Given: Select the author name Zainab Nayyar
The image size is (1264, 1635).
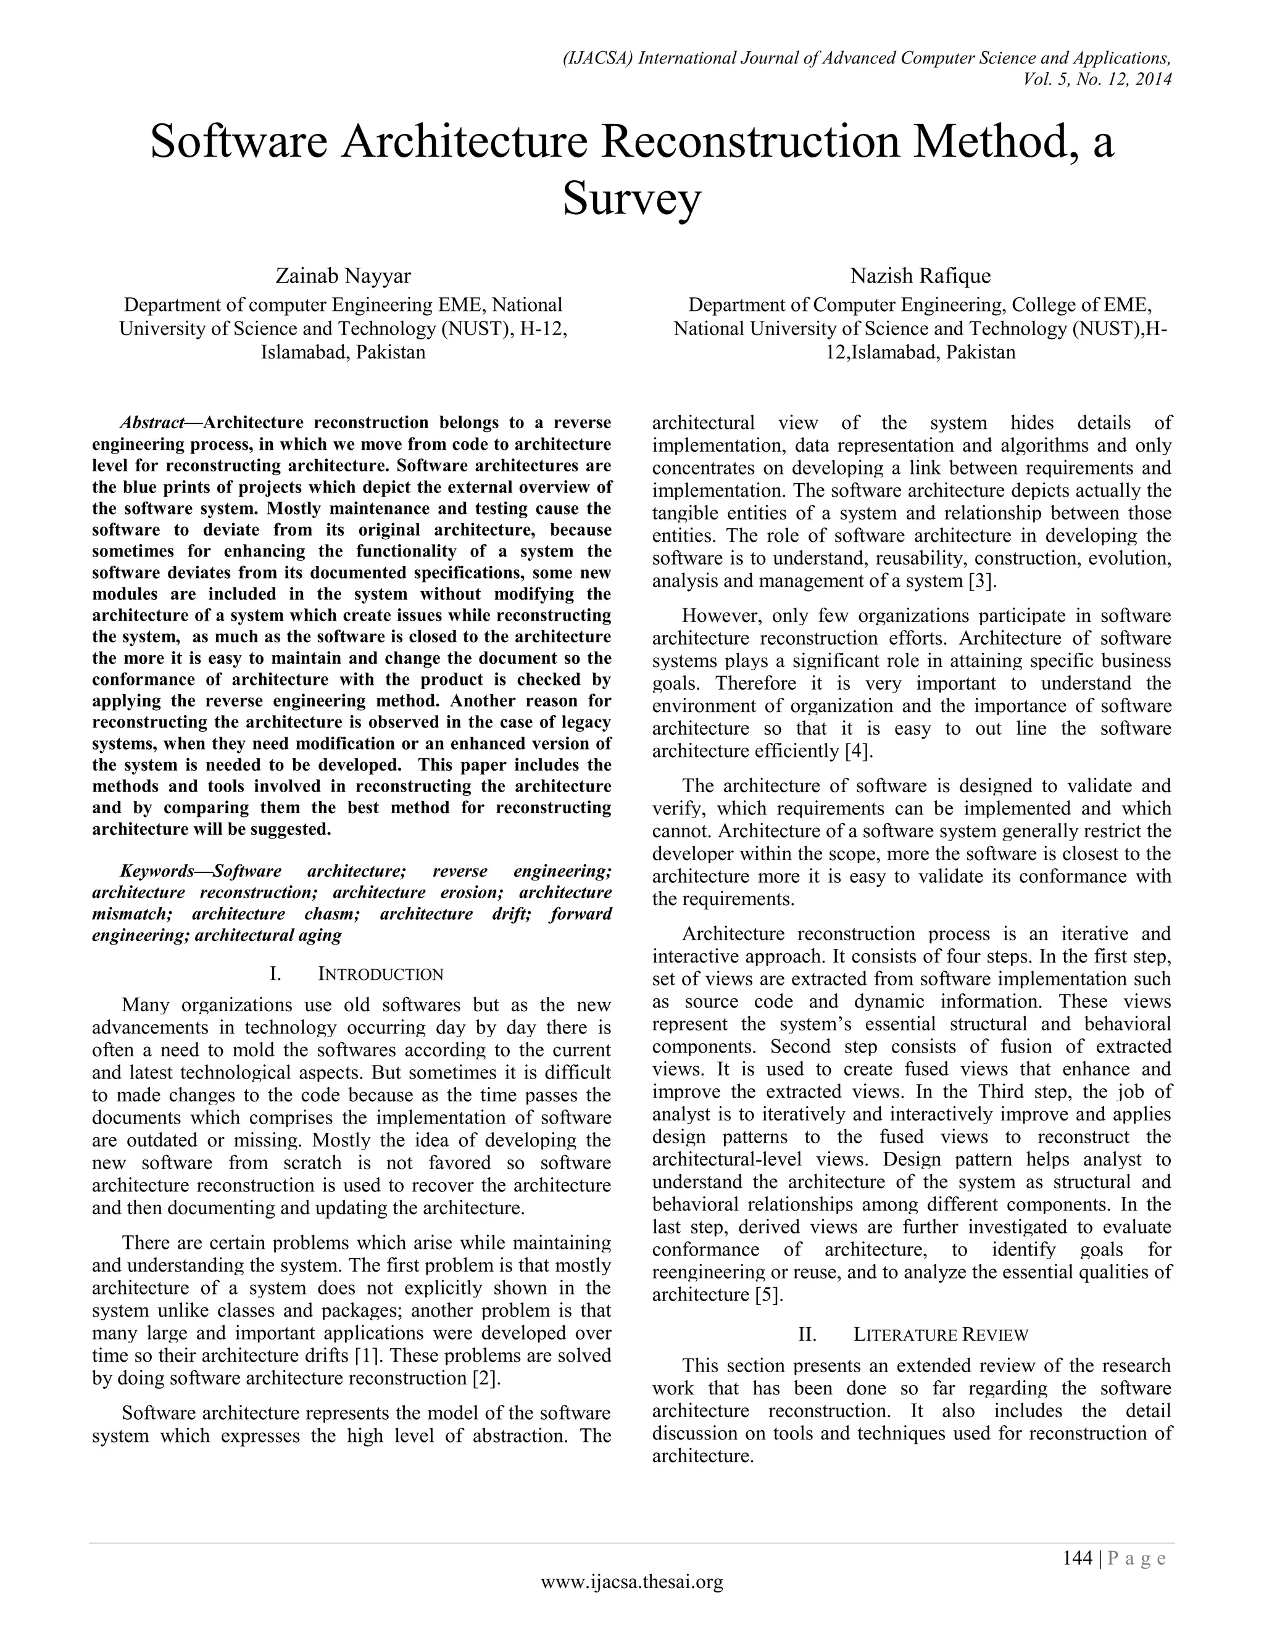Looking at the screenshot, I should click(343, 276).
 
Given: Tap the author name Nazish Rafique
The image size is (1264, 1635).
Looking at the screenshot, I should click(920, 276).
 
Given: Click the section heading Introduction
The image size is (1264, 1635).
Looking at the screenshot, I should click(381, 974).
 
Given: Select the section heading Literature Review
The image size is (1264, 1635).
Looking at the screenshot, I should click(941, 1335).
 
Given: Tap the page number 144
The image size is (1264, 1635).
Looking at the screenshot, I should click(1078, 1558).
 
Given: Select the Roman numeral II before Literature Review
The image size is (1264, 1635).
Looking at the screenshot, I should click(807, 1335).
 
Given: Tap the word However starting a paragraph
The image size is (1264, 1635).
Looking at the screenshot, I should click(720, 616).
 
